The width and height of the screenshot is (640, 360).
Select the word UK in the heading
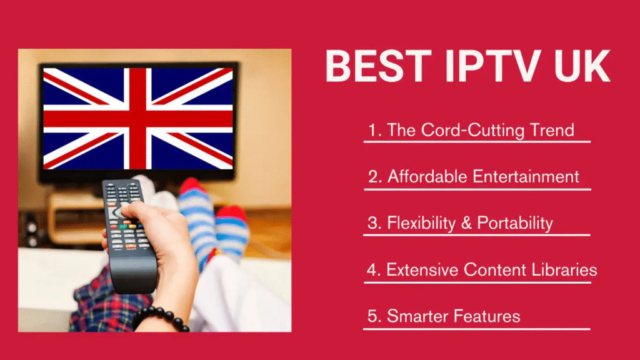(574, 67)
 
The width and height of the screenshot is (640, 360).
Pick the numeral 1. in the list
(374, 130)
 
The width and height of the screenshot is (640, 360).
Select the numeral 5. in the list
(374, 316)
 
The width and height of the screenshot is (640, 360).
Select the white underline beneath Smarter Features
(477, 329)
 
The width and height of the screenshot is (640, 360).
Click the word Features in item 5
(488, 316)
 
